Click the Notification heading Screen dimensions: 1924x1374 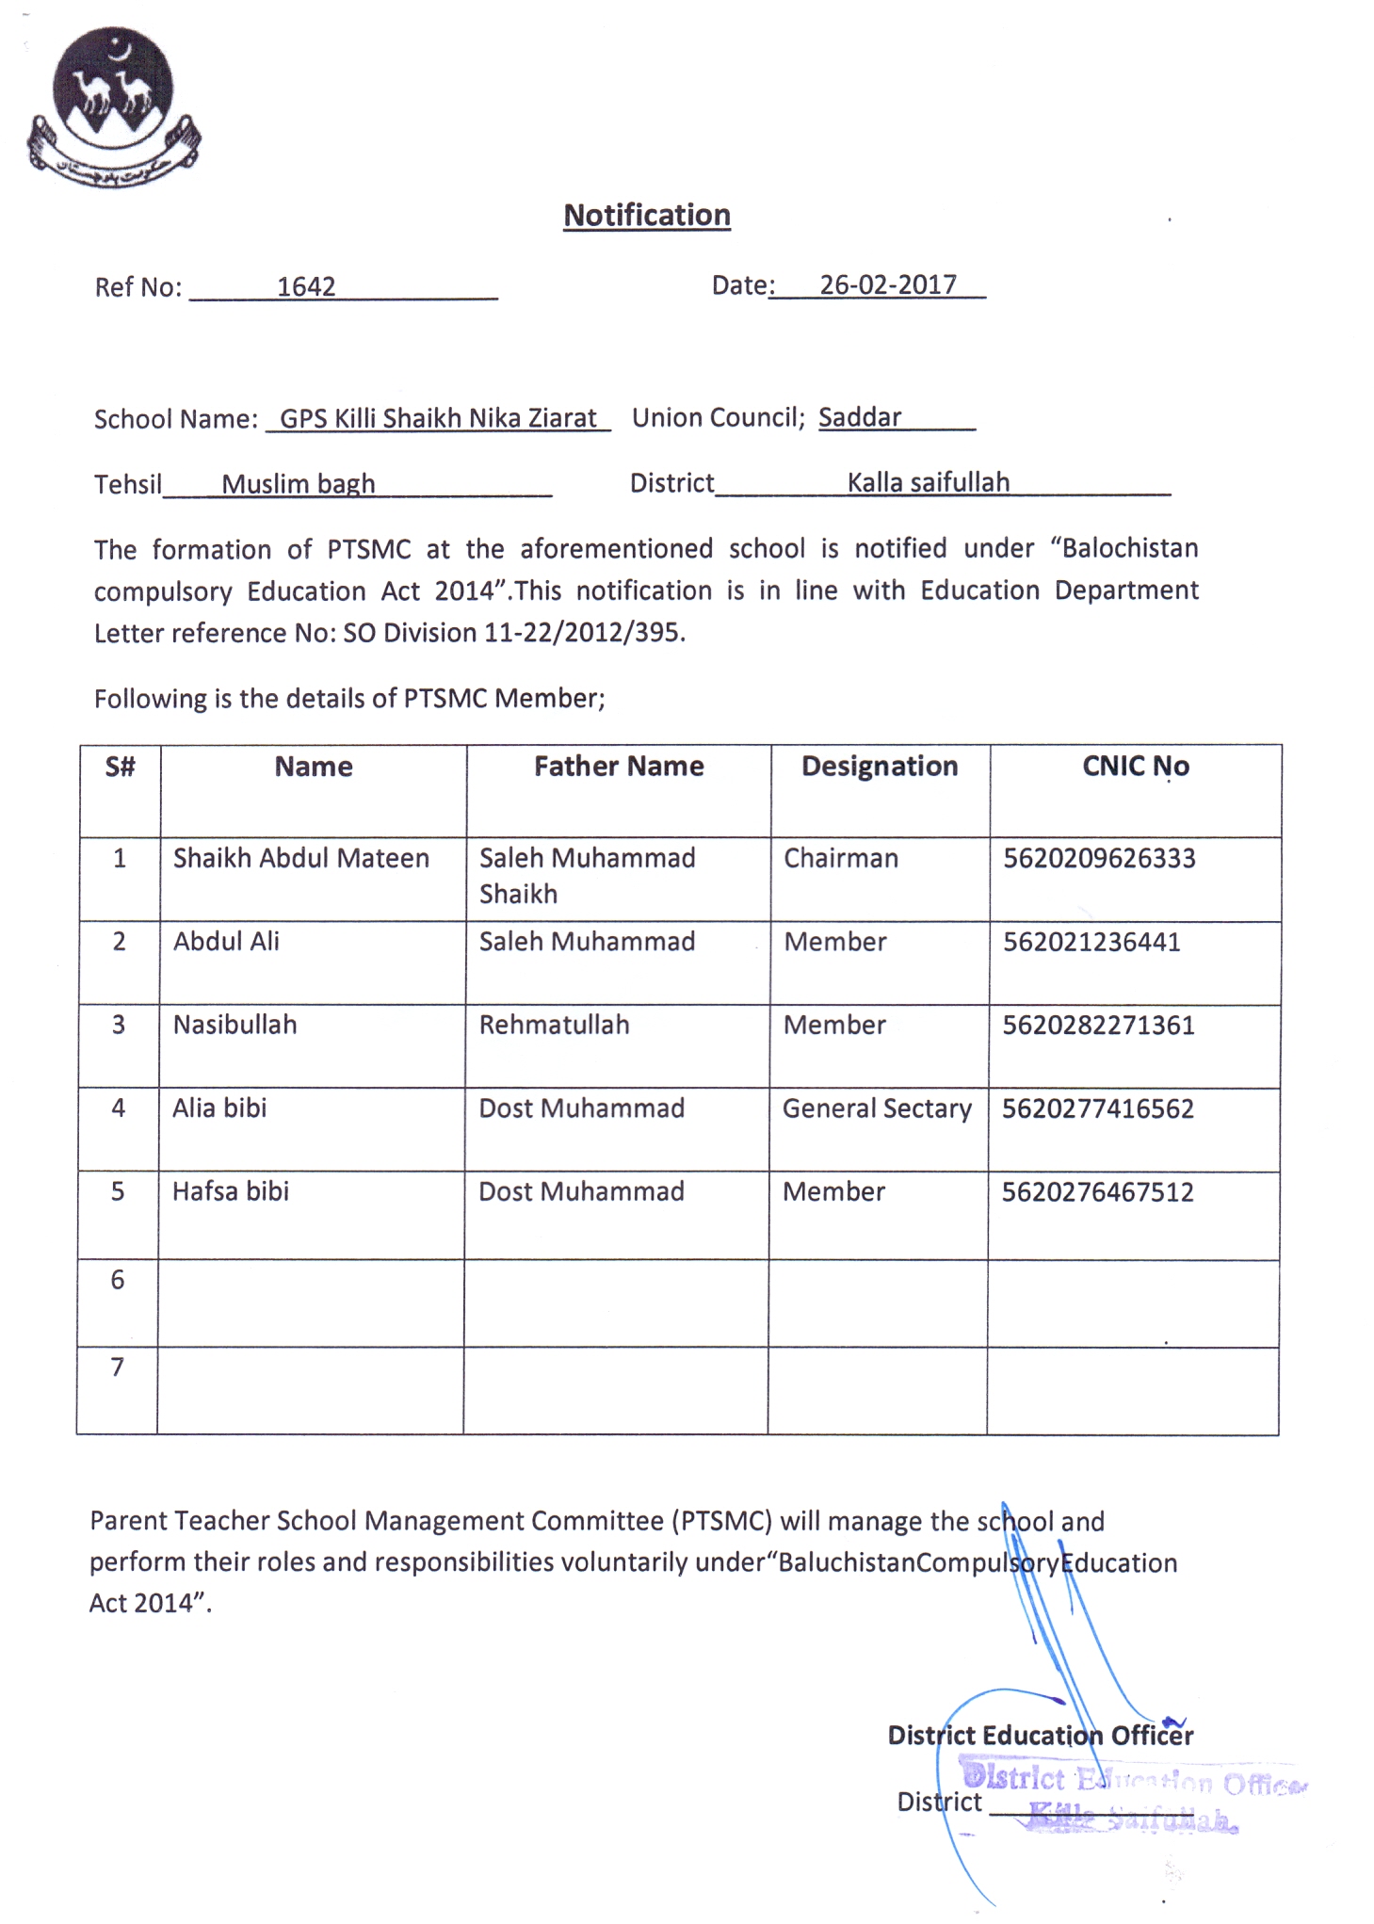(647, 216)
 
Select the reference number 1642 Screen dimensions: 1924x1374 (306, 286)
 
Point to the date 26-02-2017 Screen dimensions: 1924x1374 (887, 284)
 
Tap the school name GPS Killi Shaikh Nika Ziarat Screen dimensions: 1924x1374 (438, 418)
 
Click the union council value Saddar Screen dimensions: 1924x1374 (859, 417)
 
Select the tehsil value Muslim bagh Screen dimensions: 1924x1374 (298, 484)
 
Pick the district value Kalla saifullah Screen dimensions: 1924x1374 (928, 483)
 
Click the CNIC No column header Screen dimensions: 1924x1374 (1135, 767)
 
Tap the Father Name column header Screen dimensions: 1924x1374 (619, 767)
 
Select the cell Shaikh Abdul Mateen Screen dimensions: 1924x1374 (300, 858)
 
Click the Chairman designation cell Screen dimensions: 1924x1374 (841, 858)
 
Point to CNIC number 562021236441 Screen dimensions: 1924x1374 (1091, 942)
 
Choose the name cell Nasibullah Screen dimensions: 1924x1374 (234, 1025)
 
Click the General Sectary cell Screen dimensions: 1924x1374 (877, 1108)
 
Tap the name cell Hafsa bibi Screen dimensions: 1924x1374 (230, 1191)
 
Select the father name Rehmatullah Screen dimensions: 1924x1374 (554, 1025)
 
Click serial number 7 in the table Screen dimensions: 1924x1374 (118, 1366)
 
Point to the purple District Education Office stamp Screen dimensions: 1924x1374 (1130, 1799)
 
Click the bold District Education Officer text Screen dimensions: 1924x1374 (1040, 1735)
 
